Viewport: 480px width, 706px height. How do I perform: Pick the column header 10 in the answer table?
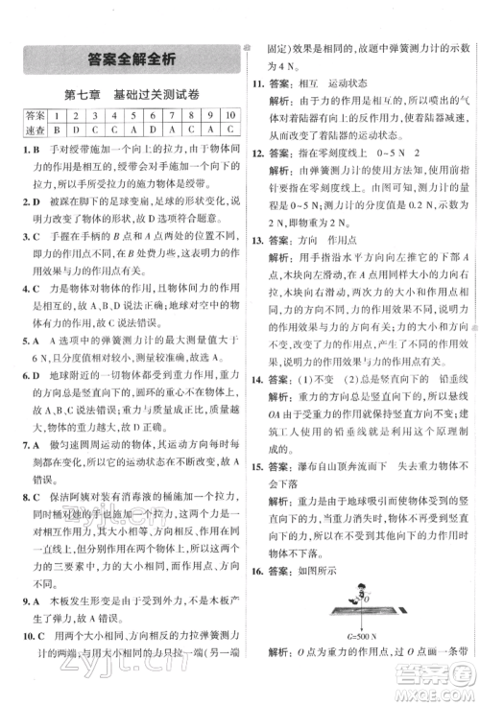[229, 114]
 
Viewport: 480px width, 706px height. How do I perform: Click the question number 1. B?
[26, 149]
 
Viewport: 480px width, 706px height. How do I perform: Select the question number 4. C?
[26, 286]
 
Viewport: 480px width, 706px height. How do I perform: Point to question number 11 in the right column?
[255, 83]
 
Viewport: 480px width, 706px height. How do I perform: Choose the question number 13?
[255, 265]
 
